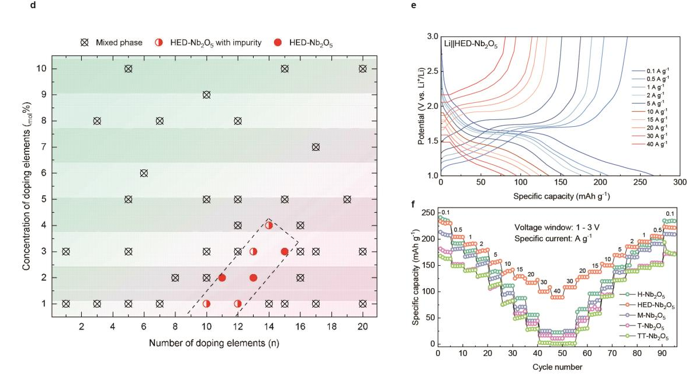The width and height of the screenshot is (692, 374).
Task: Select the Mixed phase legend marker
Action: [x=85, y=43]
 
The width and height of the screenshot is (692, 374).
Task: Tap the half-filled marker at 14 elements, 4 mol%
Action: [x=269, y=225]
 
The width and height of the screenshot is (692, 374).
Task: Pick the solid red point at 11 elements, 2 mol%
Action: [x=222, y=278]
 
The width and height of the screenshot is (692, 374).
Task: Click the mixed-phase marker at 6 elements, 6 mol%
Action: [x=144, y=173]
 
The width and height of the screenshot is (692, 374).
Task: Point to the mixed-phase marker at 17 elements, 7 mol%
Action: [x=316, y=147]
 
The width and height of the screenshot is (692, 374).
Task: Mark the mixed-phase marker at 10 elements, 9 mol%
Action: [x=206, y=95]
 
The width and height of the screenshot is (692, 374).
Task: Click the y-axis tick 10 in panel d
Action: [x=40, y=68]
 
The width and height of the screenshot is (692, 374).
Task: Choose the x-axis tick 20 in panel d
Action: [x=362, y=325]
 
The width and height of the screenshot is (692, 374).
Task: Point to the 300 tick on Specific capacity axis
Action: [x=680, y=182]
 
